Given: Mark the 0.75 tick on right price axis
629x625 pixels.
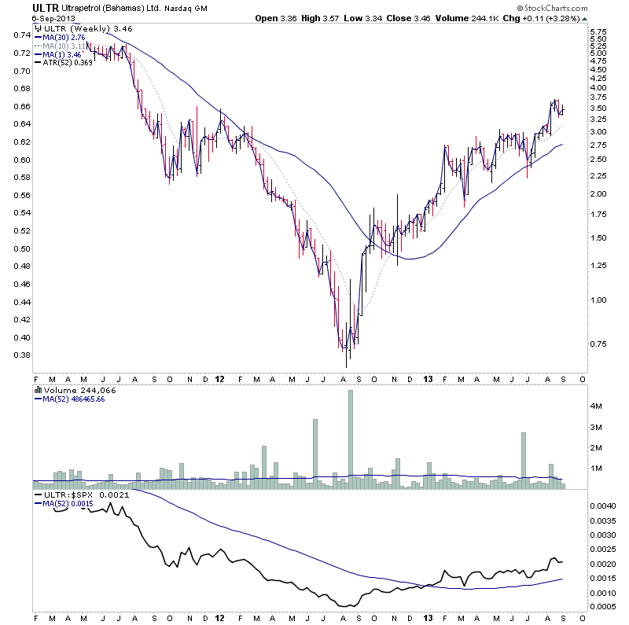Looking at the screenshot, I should tap(599, 344).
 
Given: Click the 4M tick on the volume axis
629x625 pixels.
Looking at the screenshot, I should tap(597, 406).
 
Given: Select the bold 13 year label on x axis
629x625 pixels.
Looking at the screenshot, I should tap(426, 378).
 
